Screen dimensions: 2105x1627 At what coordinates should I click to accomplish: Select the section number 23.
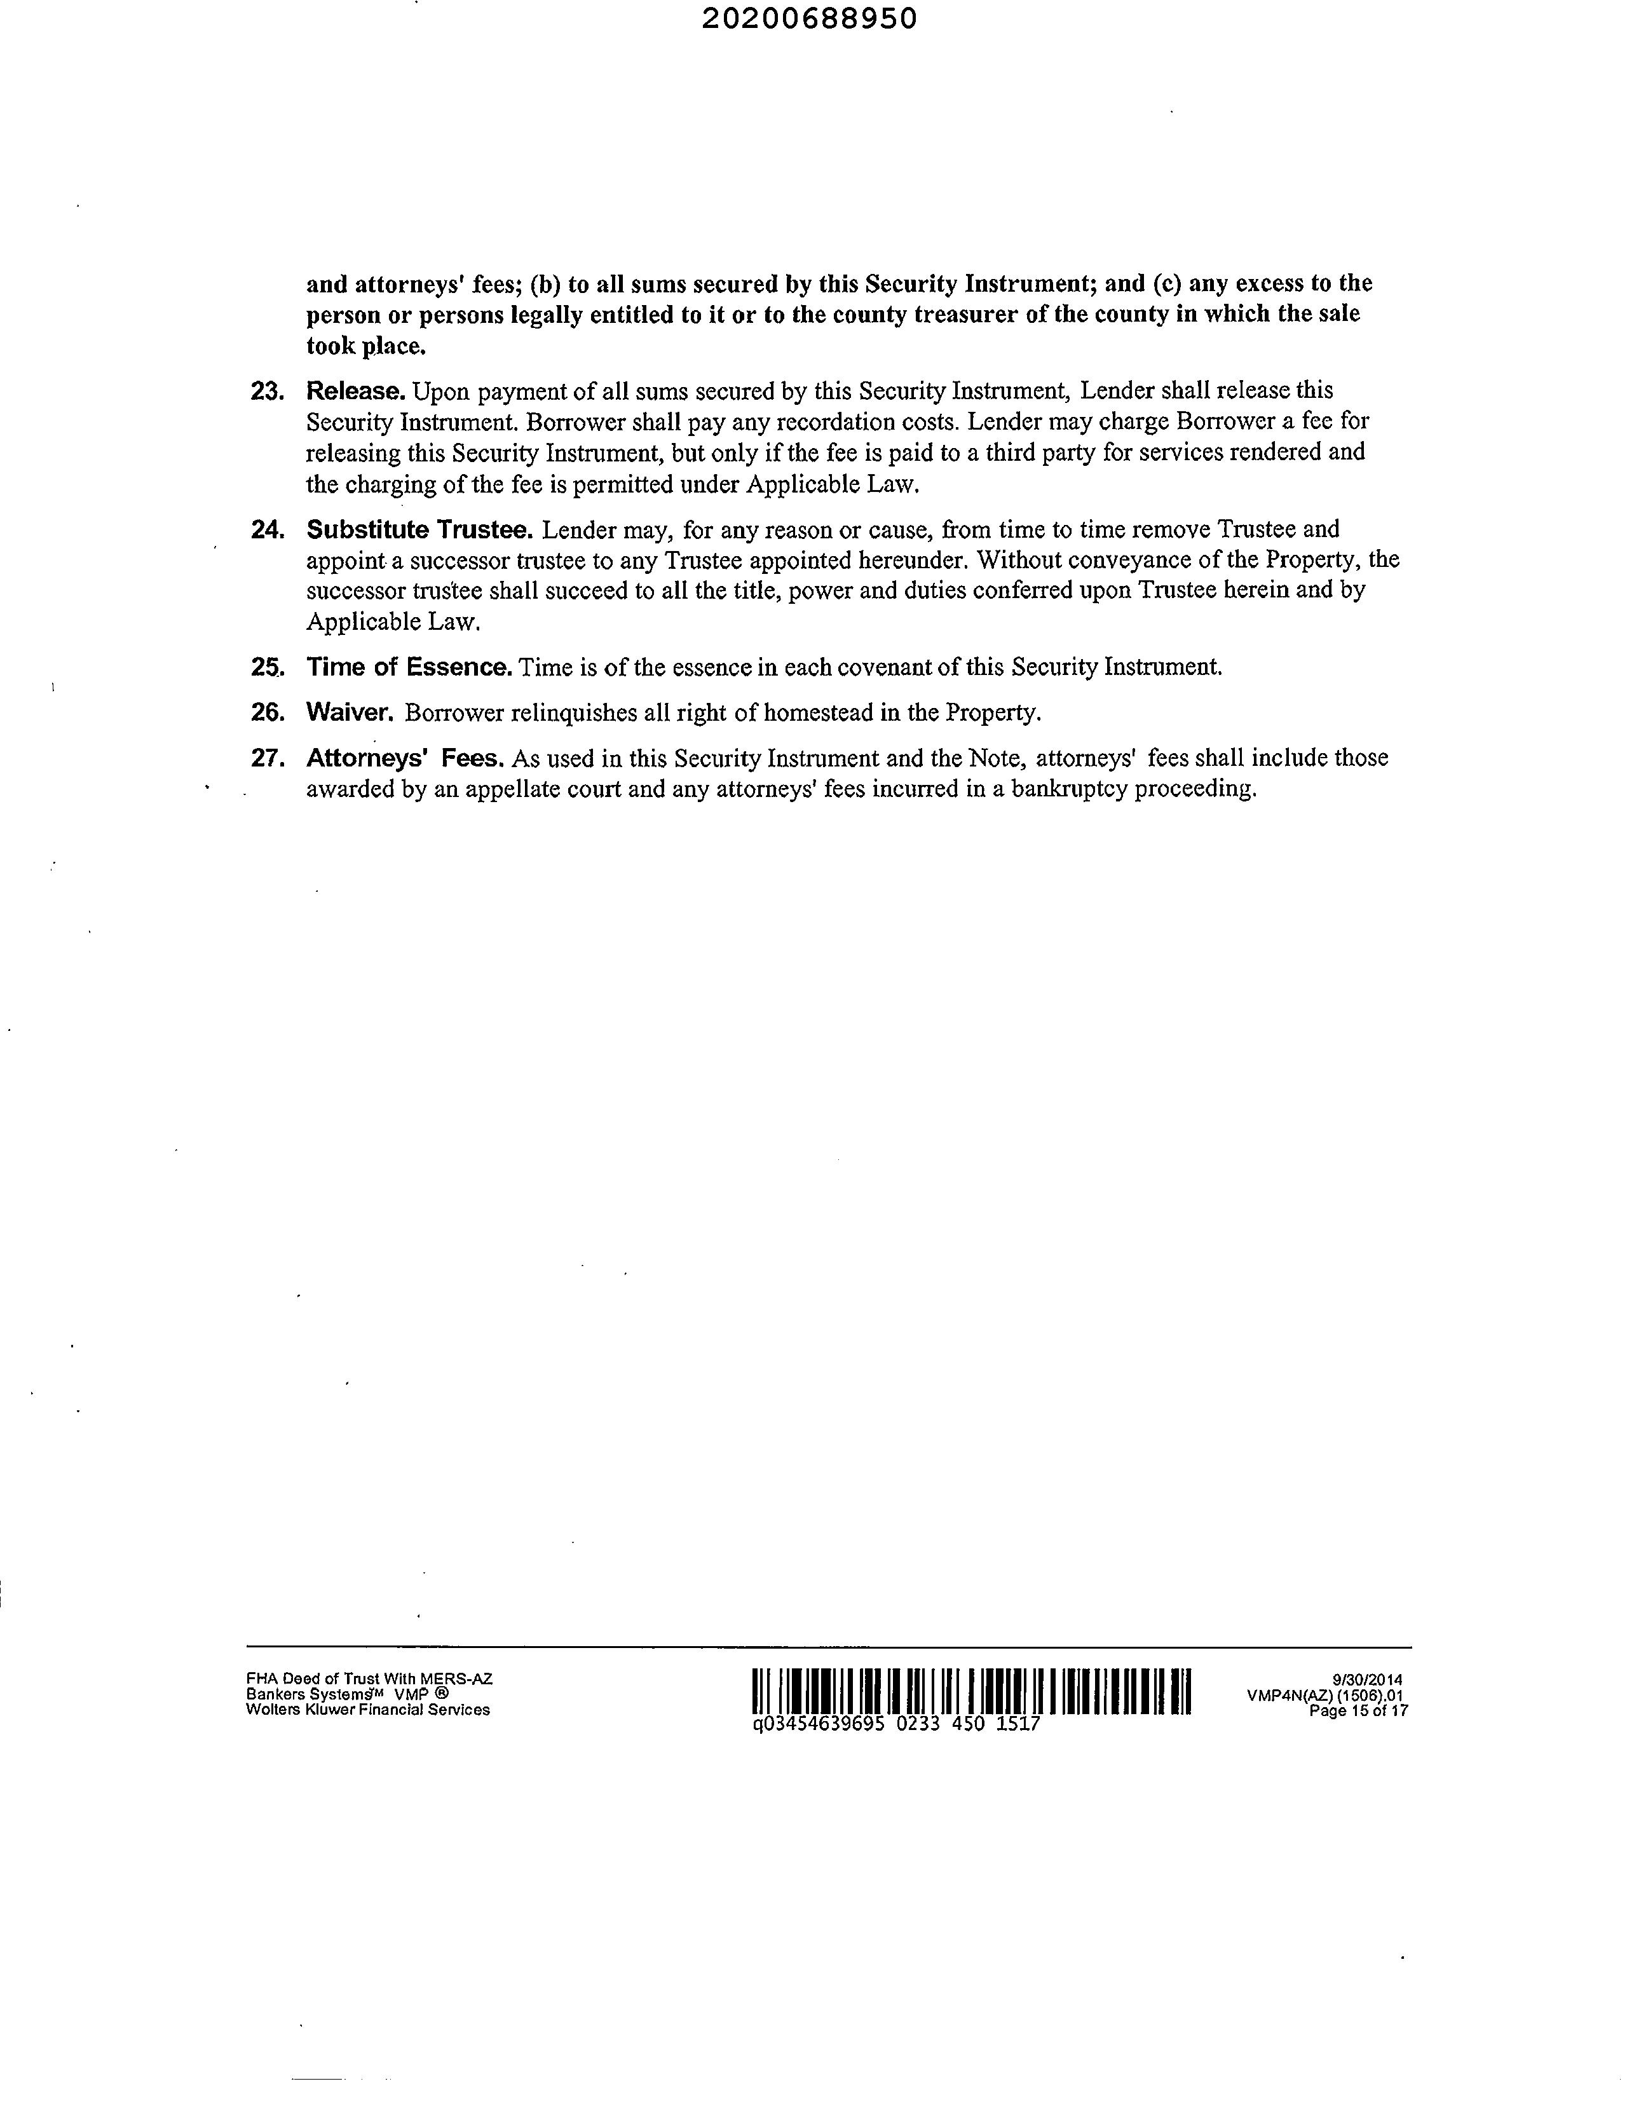tap(266, 392)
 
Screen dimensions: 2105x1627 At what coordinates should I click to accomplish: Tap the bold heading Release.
tap(355, 392)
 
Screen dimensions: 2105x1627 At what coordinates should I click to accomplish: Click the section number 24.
tap(266, 529)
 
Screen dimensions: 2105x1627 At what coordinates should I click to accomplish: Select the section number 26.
tap(266, 712)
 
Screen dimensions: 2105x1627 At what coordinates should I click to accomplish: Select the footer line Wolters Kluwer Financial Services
tap(367, 1710)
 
